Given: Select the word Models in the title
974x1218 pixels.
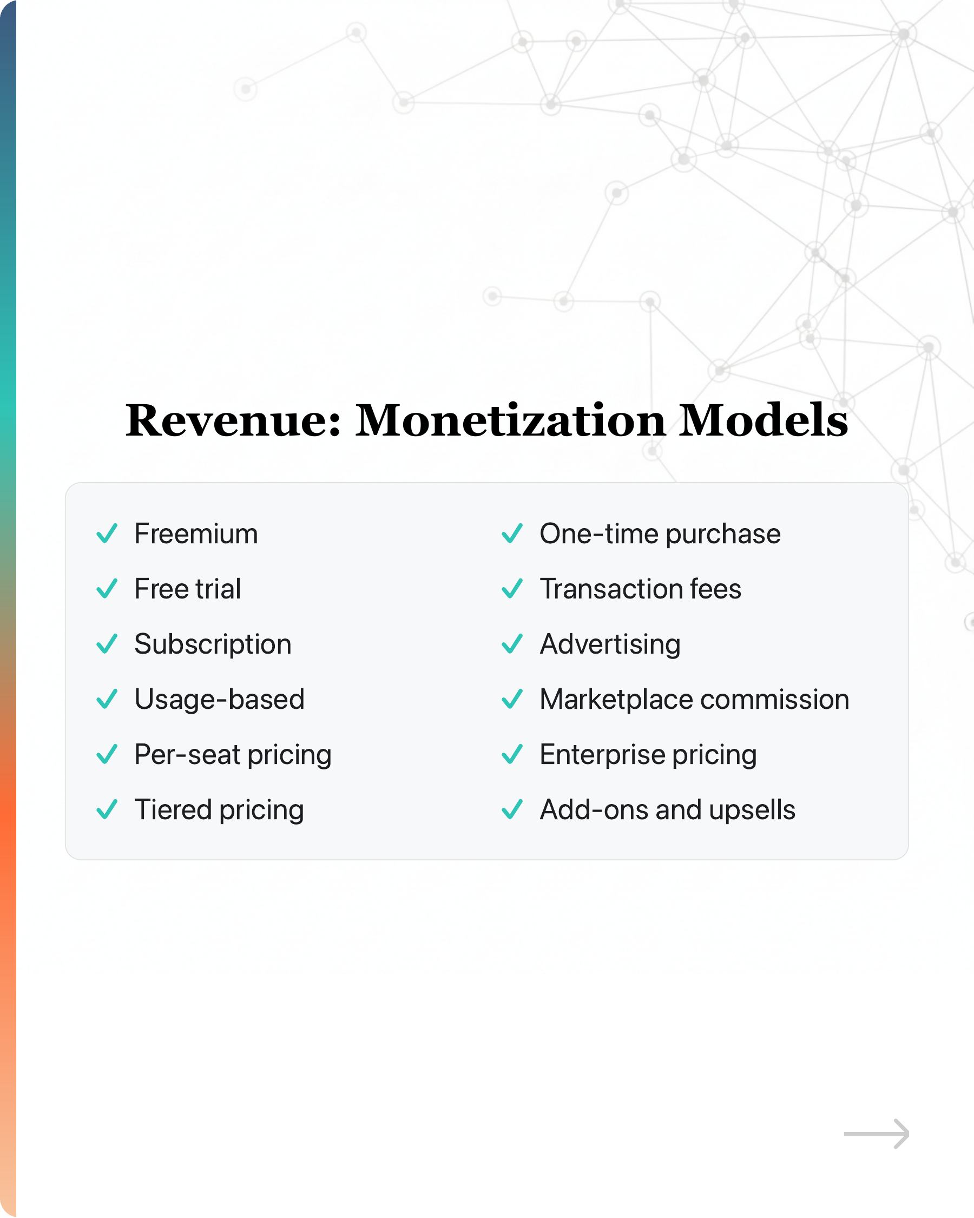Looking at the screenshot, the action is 764,420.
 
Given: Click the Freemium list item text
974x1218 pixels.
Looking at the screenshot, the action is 196,534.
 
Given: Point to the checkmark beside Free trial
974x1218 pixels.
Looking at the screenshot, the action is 107,589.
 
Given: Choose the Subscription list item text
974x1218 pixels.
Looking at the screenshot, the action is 213,644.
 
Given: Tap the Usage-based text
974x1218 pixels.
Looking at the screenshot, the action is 220,700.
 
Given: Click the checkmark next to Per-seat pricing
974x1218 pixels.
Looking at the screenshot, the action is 107,754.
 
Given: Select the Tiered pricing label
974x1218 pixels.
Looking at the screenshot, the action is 219,810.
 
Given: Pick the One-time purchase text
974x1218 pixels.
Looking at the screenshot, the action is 660,535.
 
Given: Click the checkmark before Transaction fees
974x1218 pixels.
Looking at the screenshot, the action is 512,589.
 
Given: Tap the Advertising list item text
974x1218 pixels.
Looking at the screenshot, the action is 610,644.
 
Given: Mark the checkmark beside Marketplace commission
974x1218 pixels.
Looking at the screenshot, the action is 512,700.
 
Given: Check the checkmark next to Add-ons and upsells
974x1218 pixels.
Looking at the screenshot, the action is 512,809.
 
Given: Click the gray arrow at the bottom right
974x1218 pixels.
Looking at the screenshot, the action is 876,1133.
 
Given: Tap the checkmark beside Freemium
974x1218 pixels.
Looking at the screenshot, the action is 107,534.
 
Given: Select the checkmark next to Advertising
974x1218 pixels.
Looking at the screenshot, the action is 512,644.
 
